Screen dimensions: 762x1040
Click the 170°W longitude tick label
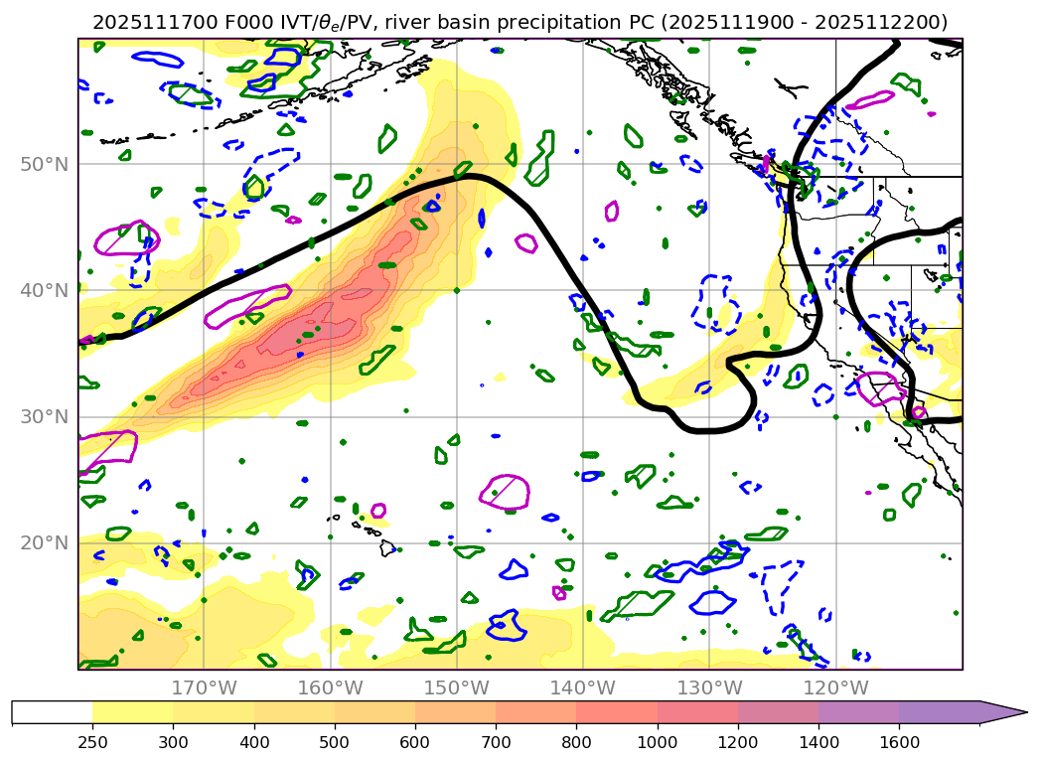click(x=204, y=687)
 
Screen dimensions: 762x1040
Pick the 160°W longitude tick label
click(x=330, y=687)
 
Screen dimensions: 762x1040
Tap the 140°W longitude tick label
click(x=583, y=687)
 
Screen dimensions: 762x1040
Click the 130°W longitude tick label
click(x=709, y=687)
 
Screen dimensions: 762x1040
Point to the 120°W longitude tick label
click(x=835, y=687)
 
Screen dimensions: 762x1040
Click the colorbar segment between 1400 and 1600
click(x=859, y=712)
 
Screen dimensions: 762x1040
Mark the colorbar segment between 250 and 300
click(x=133, y=712)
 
